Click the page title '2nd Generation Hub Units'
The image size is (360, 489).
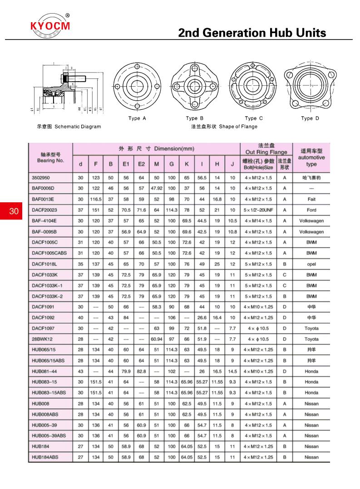click(252, 33)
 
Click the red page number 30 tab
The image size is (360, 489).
click(14, 211)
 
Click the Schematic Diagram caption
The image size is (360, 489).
click(69, 127)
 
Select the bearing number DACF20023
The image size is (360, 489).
click(44, 210)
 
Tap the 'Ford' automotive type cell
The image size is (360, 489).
click(311, 210)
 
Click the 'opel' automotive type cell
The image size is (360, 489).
click(311, 264)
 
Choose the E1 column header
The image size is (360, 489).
click(126, 164)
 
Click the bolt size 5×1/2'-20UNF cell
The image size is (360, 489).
click(258, 210)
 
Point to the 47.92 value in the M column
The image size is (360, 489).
click(156, 188)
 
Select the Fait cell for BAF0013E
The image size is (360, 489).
click(311, 199)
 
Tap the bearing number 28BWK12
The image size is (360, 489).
click(42, 339)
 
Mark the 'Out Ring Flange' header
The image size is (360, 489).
click(266, 152)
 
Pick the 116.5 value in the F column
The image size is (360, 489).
click(95, 199)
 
